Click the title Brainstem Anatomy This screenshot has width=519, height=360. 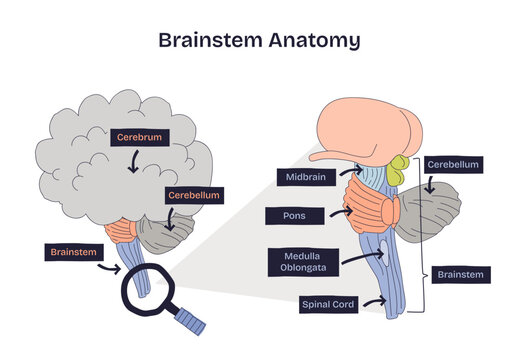[259, 41]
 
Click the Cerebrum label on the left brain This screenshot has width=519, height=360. [137, 135]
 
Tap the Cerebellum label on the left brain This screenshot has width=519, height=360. [193, 195]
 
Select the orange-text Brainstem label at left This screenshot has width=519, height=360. [72, 252]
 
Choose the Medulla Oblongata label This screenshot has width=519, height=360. [300, 262]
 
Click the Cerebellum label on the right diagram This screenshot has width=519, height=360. [453, 164]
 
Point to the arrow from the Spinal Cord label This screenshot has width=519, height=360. [374, 301]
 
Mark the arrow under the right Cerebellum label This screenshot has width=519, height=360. [430, 184]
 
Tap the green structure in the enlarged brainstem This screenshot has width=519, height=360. [401, 169]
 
